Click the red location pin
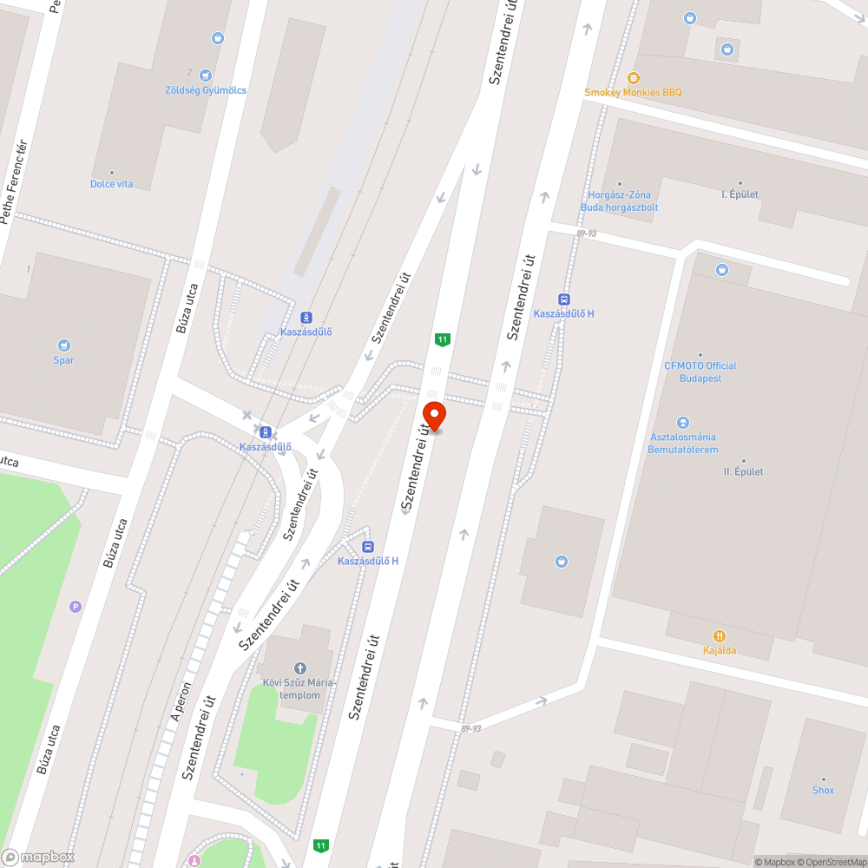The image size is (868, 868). click(x=435, y=416)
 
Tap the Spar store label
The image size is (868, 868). click(x=63, y=359)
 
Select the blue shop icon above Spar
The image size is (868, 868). click(x=63, y=345)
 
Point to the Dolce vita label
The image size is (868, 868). click(x=112, y=184)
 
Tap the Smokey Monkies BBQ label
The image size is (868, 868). click(x=633, y=92)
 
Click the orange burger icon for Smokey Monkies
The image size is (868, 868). click(x=633, y=77)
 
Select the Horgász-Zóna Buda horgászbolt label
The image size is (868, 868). click(x=619, y=201)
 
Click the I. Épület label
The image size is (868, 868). click(x=740, y=194)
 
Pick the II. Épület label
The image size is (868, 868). click(x=743, y=471)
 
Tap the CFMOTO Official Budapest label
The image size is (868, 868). click(x=700, y=372)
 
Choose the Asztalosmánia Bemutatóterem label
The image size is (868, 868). click(x=682, y=444)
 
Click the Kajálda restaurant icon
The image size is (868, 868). click(x=719, y=636)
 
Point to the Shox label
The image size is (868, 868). click(x=823, y=790)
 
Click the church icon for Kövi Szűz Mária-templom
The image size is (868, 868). click(x=300, y=667)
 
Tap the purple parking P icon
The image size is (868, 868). click(x=76, y=607)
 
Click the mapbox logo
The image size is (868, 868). click(x=38, y=857)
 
